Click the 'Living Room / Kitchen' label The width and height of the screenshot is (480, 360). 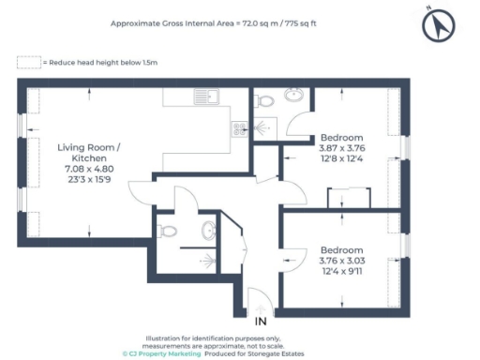[88, 154]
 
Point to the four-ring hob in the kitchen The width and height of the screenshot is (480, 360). [239, 130]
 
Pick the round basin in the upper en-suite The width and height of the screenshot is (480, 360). [294, 94]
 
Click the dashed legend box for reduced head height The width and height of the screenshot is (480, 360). [29, 62]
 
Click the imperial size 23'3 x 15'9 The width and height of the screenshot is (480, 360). [88, 179]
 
